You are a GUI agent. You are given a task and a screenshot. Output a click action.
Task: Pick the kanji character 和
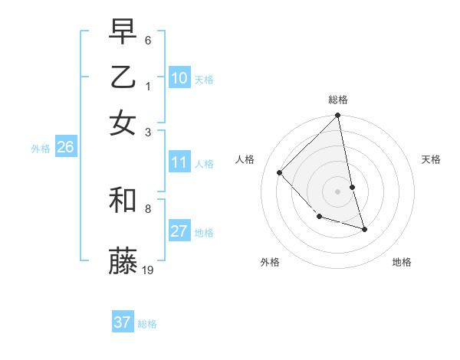pyautogui.click(x=123, y=200)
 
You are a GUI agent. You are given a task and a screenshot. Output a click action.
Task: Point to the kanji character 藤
pyautogui.click(x=123, y=261)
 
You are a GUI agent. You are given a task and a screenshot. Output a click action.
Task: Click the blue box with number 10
pyautogui.click(x=179, y=78)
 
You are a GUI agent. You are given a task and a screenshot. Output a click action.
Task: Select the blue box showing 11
pyautogui.click(x=179, y=162)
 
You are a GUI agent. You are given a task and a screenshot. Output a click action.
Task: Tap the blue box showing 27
pyautogui.click(x=179, y=232)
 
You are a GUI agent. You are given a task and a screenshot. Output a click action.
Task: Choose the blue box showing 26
pyautogui.click(x=65, y=148)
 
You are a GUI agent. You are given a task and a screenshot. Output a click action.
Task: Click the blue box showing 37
pyautogui.click(x=123, y=322)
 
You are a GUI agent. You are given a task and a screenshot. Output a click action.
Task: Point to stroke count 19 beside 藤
pyautogui.click(x=149, y=270)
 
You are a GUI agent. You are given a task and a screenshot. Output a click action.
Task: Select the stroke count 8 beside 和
pyautogui.click(x=147, y=208)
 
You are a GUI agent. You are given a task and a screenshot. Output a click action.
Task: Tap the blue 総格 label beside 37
pyautogui.click(x=147, y=324)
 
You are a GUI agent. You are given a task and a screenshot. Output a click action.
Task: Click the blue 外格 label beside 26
pyautogui.click(x=41, y=149)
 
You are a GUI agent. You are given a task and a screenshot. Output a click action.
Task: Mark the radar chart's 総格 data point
pyautogui.click(x=337, y=116)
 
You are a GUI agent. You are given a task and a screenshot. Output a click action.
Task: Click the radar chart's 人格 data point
pyautogui.click(x=280, y=172)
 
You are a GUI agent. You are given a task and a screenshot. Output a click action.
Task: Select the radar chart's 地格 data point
pyautogui.click(x=364, y=229)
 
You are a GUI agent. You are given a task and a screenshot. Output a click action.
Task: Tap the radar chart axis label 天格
pyautogui.click(x=431, y=159)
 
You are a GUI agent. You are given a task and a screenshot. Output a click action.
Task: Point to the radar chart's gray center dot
pyautogui.click(x=337, y=191)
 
